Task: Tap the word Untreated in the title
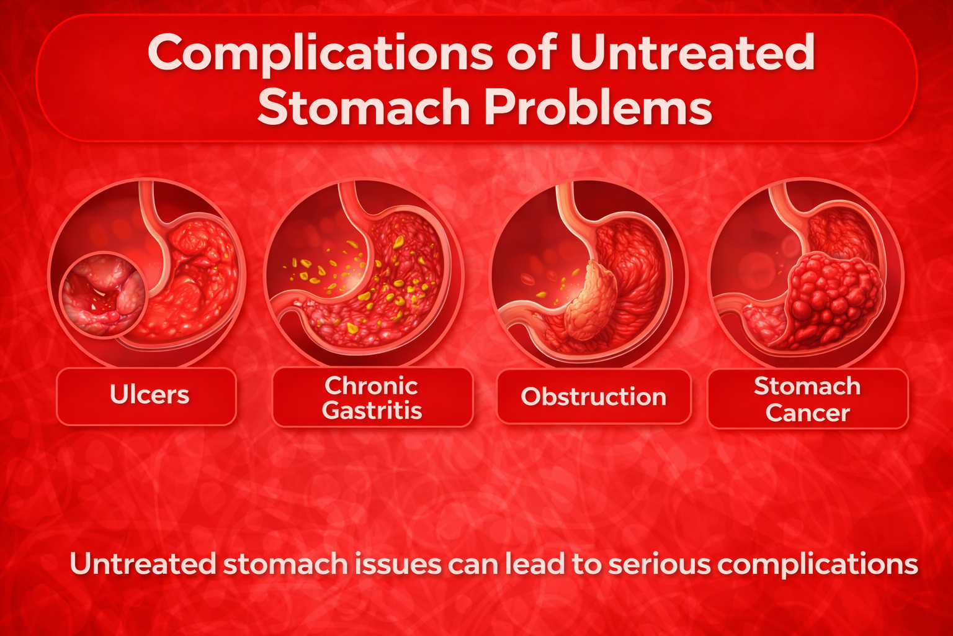coord(692,52)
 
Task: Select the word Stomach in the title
coord(364,106)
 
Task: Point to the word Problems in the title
coord(598,106)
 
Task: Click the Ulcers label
coord(150,394)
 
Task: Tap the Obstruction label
coord(594,397)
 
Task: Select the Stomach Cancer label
coord(807,399)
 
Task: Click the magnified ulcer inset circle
coord(103,295)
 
